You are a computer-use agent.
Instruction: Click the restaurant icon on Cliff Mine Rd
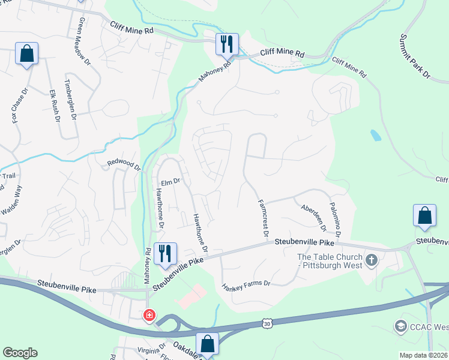[x=227, y=44]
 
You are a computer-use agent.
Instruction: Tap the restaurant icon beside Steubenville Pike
[x=164, y=253]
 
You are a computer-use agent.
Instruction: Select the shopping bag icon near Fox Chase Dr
[x=27, y=53]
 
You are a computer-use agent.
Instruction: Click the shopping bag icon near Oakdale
[x=207, y=344]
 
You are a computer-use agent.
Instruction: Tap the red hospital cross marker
[x=148, y=315]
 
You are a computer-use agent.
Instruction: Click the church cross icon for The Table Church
[x=371, y=260]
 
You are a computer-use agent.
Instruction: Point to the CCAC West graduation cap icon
[x=400, y=326]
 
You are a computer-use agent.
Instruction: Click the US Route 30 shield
[x=266, y=323]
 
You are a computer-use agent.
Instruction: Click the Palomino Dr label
[x=334, y=217]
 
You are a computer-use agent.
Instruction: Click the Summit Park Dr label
[x=415, y=57]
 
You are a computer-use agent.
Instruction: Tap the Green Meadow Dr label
[x=83, y=41]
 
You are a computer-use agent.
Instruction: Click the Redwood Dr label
[x=123, y=163]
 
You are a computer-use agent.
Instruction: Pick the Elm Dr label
[x=170, y=180]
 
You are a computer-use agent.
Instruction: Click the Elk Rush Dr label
[x=55, y=106]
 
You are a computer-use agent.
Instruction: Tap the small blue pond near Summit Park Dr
[x=375, y=135]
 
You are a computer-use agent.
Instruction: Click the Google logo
[x=20, y=353]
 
